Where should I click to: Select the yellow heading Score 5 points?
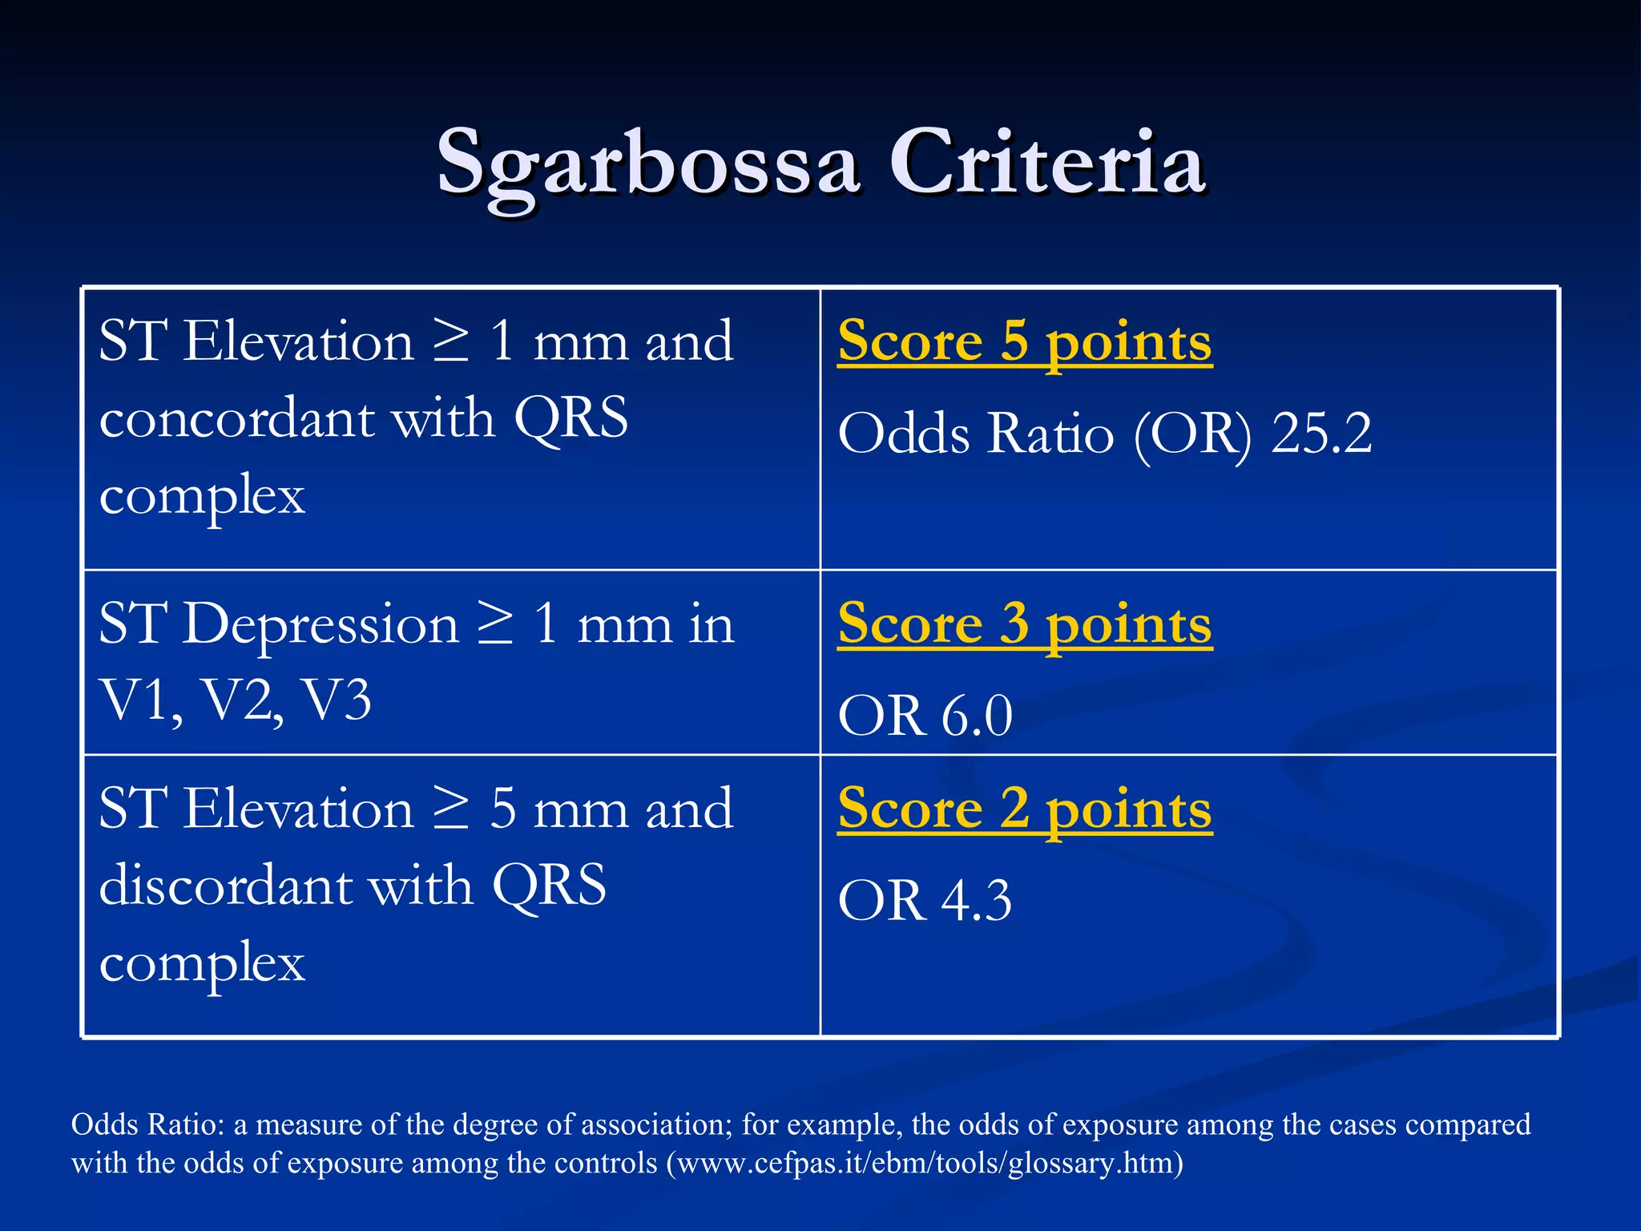click(x=1024, y=341)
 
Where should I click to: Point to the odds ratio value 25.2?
click(x=1321, y=434)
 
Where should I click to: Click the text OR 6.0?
click(x=925, y=716)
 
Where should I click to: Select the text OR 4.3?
click(x=925, y=901)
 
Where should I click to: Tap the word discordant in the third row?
click(x=228, y=886)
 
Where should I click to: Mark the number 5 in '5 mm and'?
click(x=502, y=809)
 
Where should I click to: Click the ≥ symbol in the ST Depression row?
click(x=494, y=624)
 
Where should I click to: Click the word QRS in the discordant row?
click(x=550, y=886)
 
